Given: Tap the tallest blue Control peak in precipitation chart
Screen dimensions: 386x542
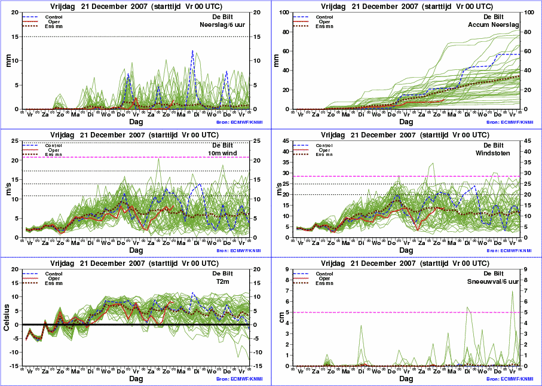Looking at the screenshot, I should (x=192, y=51).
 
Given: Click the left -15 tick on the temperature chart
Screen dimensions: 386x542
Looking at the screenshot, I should (x=14, y=366).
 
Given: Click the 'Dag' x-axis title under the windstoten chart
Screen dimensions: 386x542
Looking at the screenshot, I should (x=406, y=250).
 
